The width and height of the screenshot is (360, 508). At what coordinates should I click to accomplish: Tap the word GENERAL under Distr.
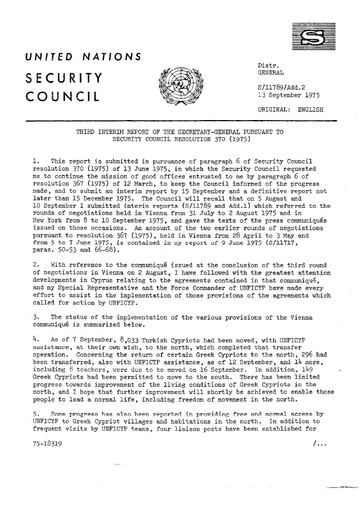(x=267, y=73)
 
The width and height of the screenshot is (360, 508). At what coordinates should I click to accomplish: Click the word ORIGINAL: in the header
(x=271, y=109)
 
